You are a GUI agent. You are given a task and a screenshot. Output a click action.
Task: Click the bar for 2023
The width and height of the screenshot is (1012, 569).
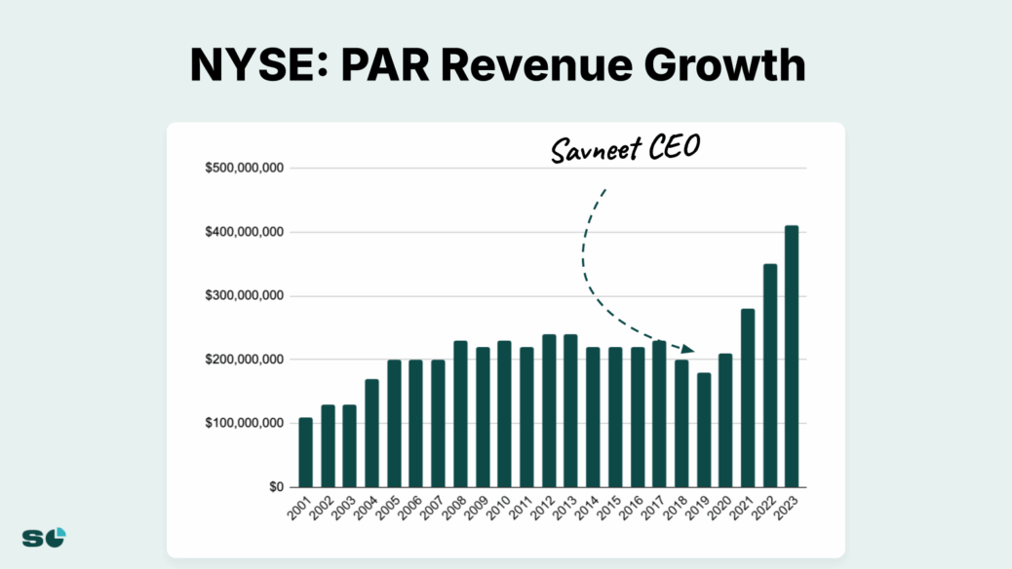click(x=792, y=357)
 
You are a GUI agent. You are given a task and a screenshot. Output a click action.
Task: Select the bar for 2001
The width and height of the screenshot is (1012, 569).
click(x=306, y=452)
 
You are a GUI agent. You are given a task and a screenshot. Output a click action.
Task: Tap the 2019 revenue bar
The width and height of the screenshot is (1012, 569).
click(x=704, y=430)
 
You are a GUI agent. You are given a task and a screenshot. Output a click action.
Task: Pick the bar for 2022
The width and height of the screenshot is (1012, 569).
click(x=770, y=375)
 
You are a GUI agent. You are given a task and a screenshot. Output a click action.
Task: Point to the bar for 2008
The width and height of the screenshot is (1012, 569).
click(x=460, y=414)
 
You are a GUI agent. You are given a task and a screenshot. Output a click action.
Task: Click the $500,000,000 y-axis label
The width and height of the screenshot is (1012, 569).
click(x=244, y=169)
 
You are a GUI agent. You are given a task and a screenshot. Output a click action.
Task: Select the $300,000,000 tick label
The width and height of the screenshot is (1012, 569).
click(x=244, y=296)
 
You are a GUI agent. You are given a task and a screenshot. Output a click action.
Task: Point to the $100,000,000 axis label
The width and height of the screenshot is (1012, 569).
click(x=244, y=424)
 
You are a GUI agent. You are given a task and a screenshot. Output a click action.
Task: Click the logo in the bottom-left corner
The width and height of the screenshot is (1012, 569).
click(x=44, y=537)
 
